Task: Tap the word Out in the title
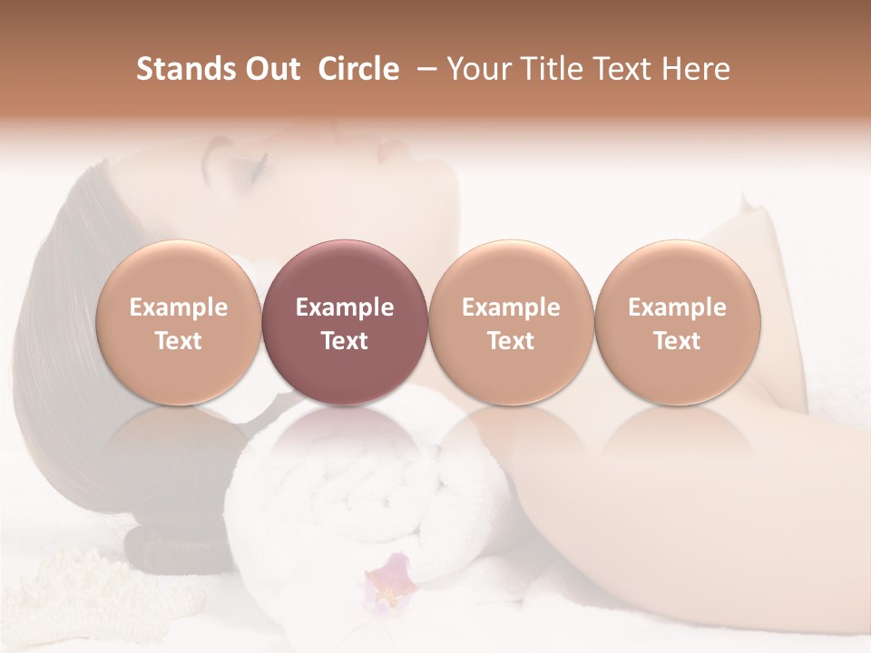[x=269, y=69]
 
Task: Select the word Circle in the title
[x=358, y=69]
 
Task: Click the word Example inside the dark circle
[x=345, y=307]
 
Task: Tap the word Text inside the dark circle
[x=345, y=341]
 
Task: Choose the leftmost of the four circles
[x=178, y=322]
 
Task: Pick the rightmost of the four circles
[x=677, y=322]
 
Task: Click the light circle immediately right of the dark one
[x=511, y=322]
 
